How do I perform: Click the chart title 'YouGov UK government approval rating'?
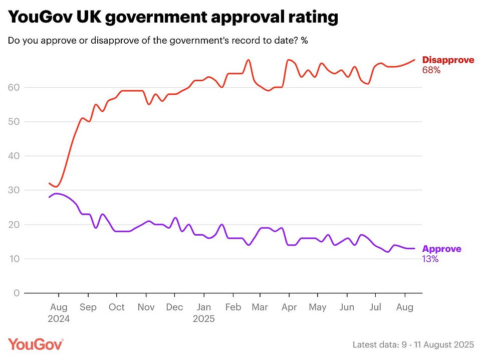click(173, 18)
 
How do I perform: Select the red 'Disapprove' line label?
click(448, 60)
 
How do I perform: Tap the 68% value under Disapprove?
click(431, 71)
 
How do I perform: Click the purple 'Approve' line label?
click(441, 249)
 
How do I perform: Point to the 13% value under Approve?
click(430, 259)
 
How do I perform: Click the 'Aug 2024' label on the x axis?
click(59, 313)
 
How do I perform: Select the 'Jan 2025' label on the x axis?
click(204, 313)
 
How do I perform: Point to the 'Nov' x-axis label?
click(146, 307)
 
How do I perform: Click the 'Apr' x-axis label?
click(289, 307)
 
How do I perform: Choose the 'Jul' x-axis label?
click(374, 307)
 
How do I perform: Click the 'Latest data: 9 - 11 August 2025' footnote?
click(413, 344)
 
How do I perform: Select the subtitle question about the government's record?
click(157, 41)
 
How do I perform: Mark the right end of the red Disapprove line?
click(414, 60)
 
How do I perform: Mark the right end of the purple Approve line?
click(414, 249)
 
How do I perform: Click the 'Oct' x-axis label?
click(117, 307)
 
